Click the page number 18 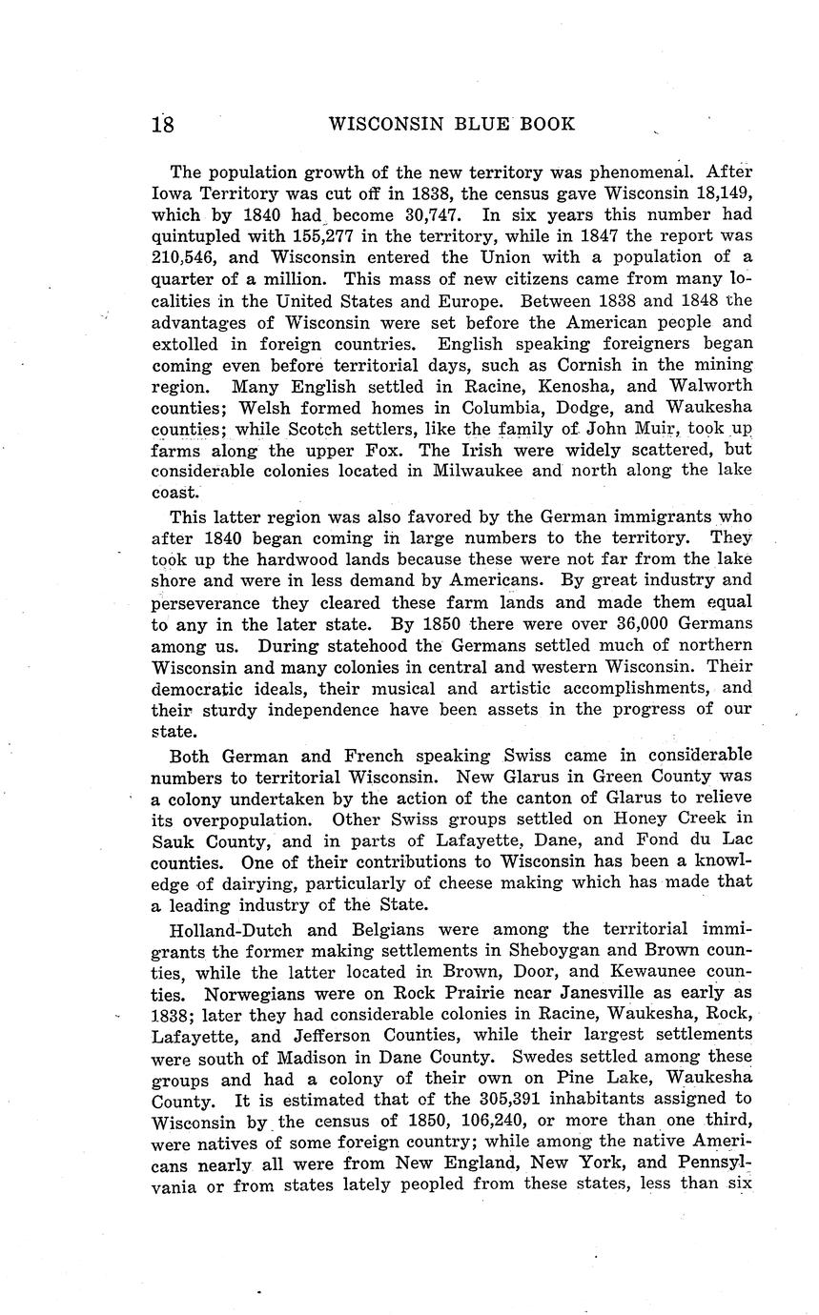[x=162, y=124]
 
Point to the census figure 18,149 [x=719, y=193]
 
